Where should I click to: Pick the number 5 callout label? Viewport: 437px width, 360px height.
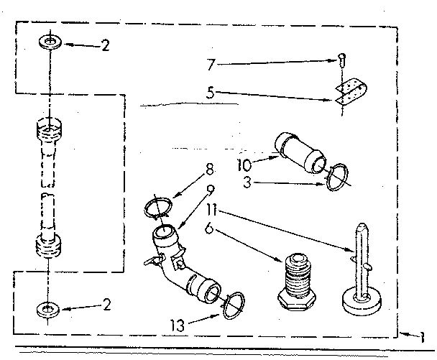pos(210,93)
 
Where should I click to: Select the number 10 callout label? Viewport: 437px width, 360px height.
pos(244,163)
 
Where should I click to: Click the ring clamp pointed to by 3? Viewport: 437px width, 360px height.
pos(336,177)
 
